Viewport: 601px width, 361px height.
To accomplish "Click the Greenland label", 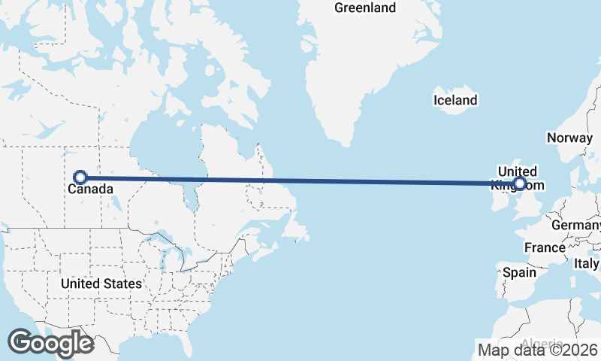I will click(x=365, y=8).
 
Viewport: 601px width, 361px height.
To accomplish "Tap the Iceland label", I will click(x=455, y=100).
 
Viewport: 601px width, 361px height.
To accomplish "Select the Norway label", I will click(x=569, y=138).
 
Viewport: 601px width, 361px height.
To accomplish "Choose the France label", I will click(x=545, y=247).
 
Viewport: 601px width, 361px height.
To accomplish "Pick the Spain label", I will click(x=519, y=272).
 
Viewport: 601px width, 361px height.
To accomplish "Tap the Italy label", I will click(x=587, y=264).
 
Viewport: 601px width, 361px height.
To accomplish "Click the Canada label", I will click(x=90, y=190).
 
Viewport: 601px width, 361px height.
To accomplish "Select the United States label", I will click(x=101, y=284).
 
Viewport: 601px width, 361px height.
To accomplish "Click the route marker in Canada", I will click(x=80, y=177).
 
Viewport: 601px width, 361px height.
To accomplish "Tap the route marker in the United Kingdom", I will click(x=519, y=183).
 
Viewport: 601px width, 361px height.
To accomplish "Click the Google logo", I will click(x=50, y=343).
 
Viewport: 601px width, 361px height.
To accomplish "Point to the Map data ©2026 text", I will click(x=537, y=350).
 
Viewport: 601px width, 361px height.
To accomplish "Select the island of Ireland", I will click(x=502, y=192).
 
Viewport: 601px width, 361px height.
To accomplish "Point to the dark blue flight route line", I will click(x=300, y=180).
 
